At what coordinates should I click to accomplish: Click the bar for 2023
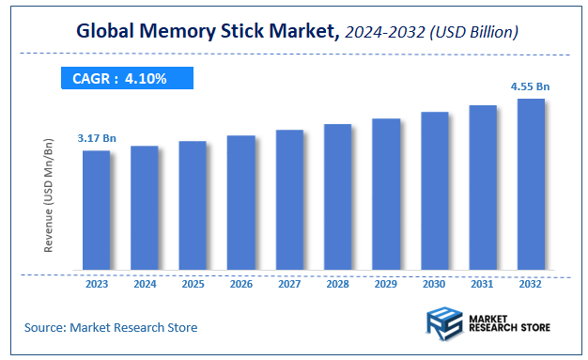click(96, 210)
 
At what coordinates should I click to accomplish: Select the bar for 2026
click(240, 202)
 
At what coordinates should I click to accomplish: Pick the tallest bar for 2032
click(531, 184)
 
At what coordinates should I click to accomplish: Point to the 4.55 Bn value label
click(530, 86)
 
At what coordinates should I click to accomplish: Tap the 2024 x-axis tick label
click(145, 283)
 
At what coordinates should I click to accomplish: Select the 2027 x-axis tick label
click(289, 283)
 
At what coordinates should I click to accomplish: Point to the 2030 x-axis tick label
click(434, 283)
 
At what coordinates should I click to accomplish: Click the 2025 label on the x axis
click(193, 283)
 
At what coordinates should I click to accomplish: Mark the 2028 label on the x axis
click(337, 283)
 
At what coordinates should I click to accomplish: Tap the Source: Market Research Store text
click(111, 327)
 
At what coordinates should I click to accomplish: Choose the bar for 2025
click(193, 206)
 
